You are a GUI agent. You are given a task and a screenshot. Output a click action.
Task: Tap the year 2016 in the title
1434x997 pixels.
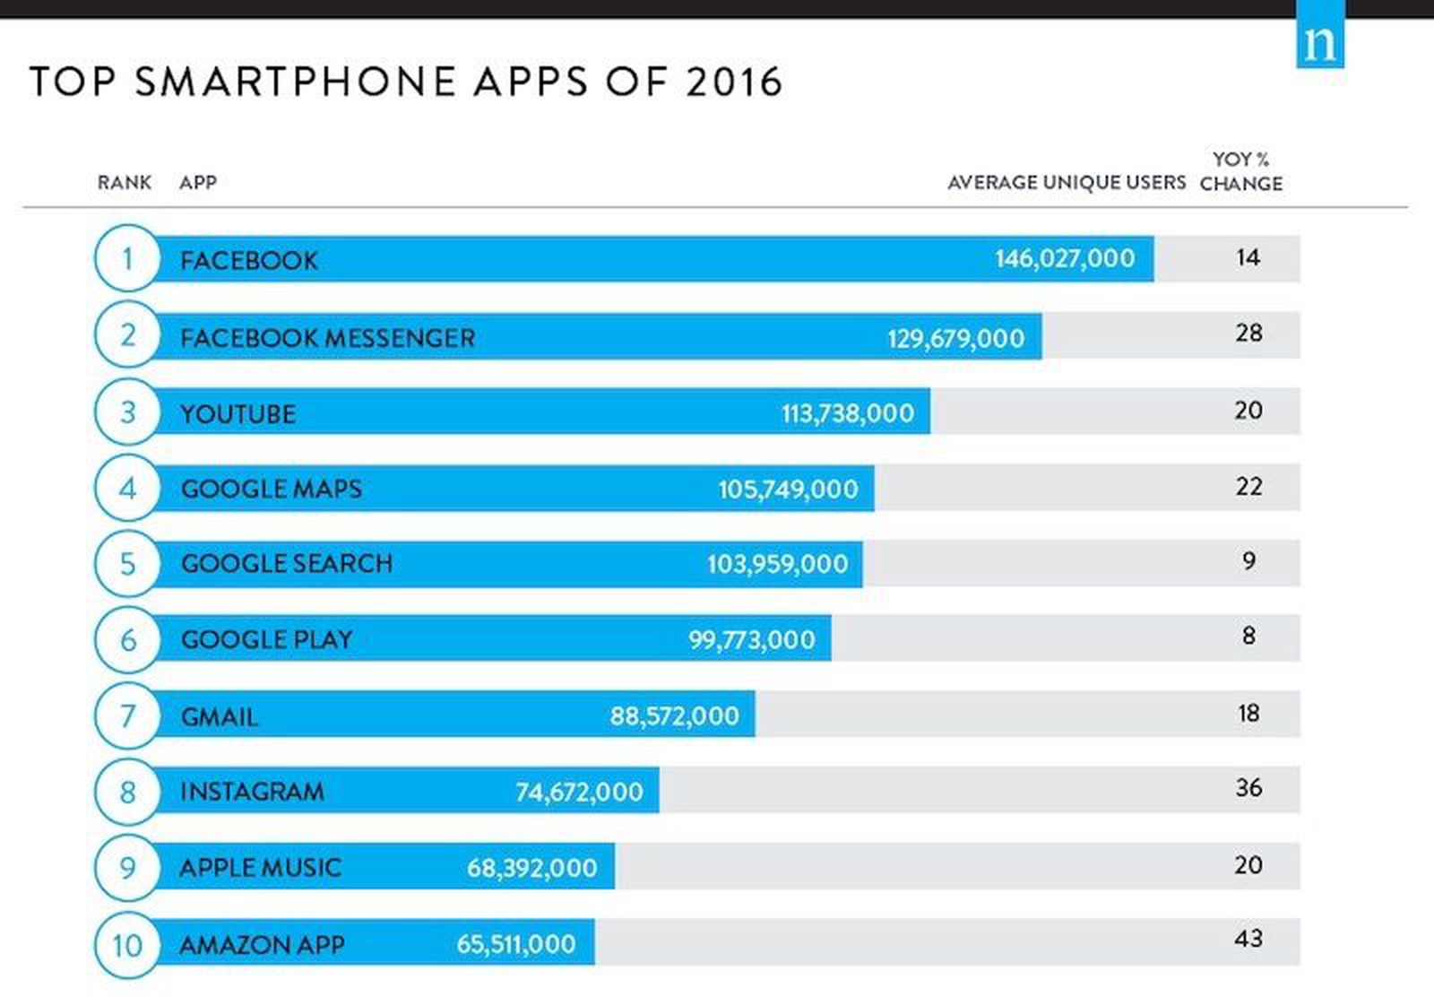pos(734,82)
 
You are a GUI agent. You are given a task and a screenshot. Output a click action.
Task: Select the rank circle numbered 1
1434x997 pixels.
pos(127,258)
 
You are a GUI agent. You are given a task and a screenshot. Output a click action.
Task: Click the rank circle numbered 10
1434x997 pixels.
pos(127,944)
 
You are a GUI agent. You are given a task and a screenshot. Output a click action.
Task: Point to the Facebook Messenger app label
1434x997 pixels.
pos(327,338)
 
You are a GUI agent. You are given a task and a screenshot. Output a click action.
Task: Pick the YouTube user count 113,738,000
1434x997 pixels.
pos(847,413)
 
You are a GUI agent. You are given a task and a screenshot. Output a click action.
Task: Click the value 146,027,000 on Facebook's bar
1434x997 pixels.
pos(1064,259)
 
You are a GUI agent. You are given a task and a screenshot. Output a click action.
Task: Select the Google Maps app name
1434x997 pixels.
pos(271,489)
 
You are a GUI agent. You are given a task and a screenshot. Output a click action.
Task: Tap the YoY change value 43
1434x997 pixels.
pos(1248,939)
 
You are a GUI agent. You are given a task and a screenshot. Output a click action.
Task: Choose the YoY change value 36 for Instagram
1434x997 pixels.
pos(1248,788)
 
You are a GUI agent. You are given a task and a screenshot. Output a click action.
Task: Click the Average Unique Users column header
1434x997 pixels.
pos(1066,183)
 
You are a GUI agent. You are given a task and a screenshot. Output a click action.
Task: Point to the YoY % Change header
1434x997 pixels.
pos(1241,171)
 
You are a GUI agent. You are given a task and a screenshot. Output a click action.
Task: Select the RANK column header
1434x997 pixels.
pos(125,183)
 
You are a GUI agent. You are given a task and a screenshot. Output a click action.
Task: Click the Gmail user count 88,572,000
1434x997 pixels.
pos(674,716)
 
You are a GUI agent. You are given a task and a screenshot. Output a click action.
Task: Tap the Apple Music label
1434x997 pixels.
pos(260,868)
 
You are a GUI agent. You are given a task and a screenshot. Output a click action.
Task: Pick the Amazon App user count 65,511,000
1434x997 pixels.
pos(515,944)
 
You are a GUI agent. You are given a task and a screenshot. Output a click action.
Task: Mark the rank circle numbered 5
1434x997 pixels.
pos(127,564)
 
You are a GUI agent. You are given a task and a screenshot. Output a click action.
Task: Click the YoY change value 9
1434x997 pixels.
pos(1248,561)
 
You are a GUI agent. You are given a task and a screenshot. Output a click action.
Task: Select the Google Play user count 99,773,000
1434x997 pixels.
pos(751,640)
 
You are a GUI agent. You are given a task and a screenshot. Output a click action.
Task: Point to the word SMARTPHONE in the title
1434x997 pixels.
pos(296,82)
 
